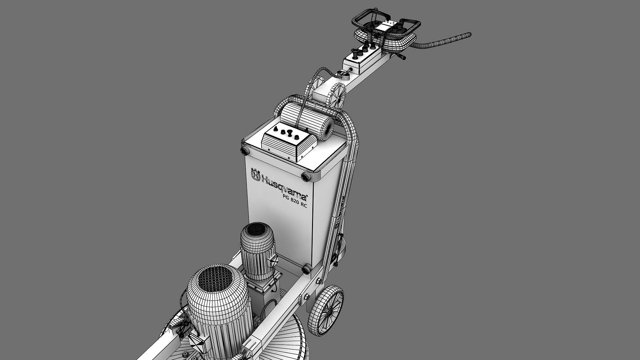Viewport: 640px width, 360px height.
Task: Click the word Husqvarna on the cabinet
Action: pos(284,189)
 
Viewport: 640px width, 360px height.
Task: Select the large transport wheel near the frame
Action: pos(327,308)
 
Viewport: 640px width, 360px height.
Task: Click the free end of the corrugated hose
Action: pos(469,34)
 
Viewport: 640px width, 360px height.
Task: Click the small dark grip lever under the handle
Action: pos(402,58)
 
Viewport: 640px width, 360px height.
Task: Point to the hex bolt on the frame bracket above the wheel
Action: pos(306,297)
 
